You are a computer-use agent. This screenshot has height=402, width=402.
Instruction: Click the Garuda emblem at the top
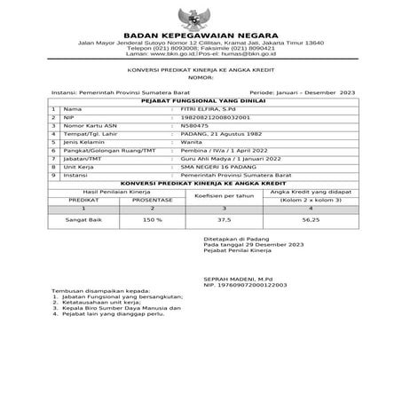[201, 19]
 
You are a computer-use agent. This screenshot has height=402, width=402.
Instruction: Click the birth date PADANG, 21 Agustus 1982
[217, 132]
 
